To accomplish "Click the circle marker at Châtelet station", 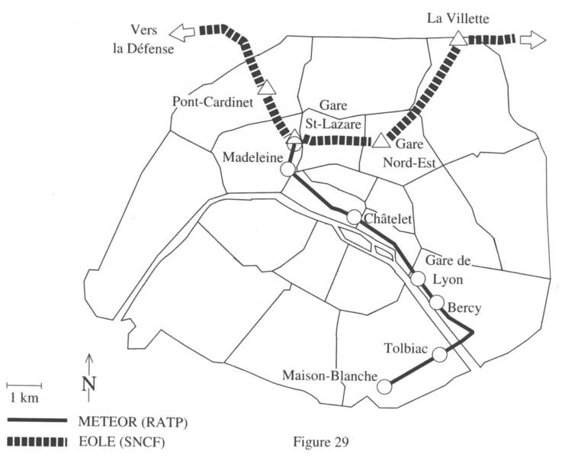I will [x=354, y=218].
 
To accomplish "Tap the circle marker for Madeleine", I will [x=287, y=169].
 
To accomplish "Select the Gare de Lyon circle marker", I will [x=417, y=278].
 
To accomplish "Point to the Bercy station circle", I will [x=436, y=302].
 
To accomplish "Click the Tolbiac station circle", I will [x=440, y=353].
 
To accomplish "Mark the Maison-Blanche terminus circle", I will [x=386, y=386].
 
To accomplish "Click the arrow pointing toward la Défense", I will [x=182, y=32].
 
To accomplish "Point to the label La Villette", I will [x=457, y=16].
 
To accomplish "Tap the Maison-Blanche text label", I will [x=329, y=376].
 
